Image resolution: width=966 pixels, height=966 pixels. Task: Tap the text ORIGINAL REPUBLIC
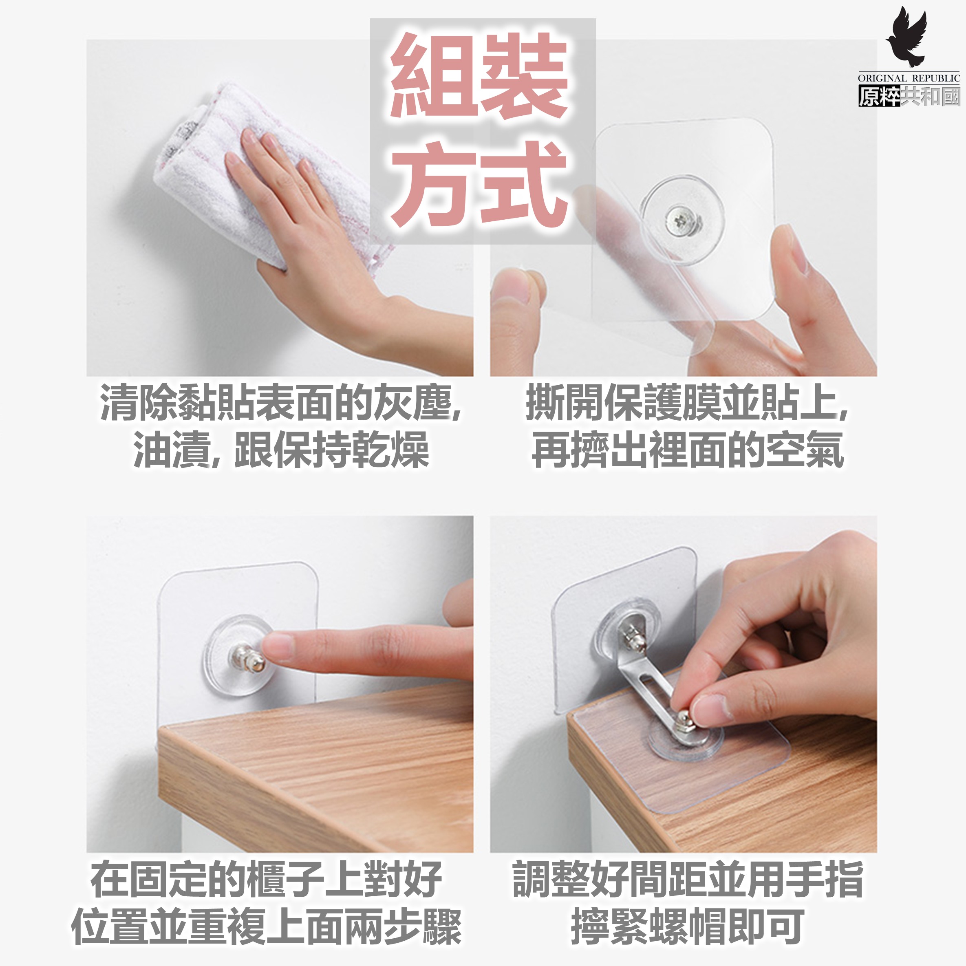[909, 78]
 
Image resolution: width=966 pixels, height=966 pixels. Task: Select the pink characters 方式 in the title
[479, 183]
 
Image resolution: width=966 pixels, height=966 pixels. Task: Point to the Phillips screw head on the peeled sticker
[682, 220]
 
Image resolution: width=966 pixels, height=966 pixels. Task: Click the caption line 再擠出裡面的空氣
[688, 450]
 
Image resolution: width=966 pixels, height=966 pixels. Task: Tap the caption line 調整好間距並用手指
[688, 880]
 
